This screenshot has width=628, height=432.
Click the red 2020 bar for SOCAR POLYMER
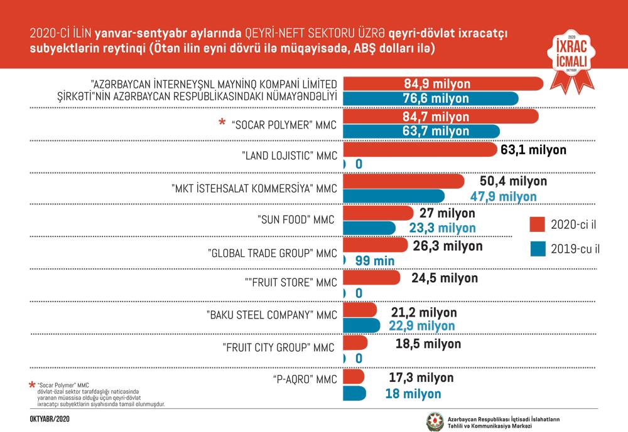pyautogui.click(x=440, y=117)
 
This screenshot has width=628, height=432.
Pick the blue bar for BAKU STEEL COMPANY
pyautogui.click(x=361, y=325)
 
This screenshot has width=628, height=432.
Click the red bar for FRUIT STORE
pyautogui.click(x=371, y=277)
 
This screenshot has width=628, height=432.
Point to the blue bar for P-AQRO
pyautogui.click(x=355, y=393)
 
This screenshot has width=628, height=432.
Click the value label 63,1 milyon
pyautogui.click(x=533, y=150)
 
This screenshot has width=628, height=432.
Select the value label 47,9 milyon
pyautogui.click(x=504, y=196)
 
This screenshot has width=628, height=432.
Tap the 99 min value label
pyautogui.click(x=375, y=260)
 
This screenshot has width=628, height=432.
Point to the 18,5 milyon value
pyautogui.click(x=428, y=344)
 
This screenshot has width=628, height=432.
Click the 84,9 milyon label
pyautogui.click(x=437, y=84)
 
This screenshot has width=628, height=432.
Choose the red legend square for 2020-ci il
pyautogui.click(x=536, y=224)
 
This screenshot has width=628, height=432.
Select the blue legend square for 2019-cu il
pyautogui.click(x=536, y=248)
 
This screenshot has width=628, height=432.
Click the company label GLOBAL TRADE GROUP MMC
pyautogui.click(x=273, y=253)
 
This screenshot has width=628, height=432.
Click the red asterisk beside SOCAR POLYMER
pyautogui.click(x=222, y=124)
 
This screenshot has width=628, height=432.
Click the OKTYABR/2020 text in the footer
pyautogui.click(x=50, y=418)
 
